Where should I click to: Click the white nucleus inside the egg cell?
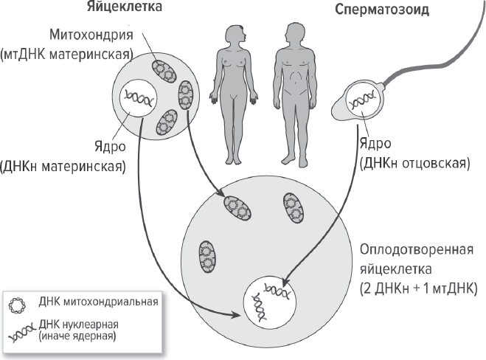139,99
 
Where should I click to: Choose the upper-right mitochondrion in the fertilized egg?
294,207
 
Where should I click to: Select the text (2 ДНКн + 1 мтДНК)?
418,285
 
